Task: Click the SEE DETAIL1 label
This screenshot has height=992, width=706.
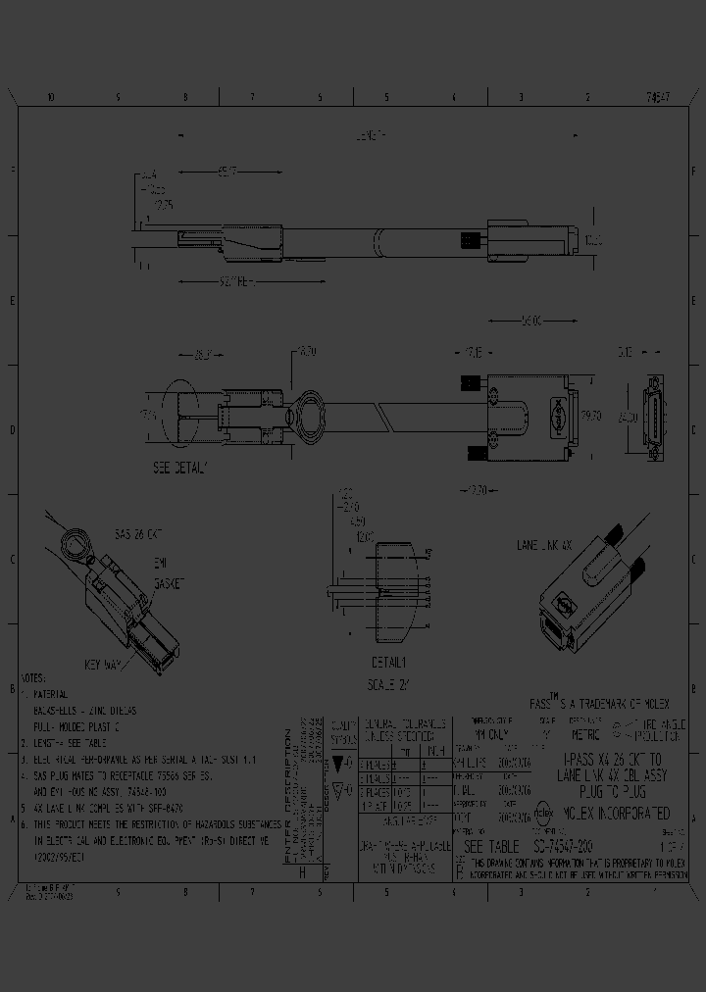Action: coord(180,468)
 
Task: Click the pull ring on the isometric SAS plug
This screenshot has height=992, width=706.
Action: coord(73,541)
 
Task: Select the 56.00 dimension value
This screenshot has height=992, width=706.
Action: coord(530,320)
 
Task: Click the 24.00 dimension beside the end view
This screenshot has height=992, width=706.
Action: coord(624,416)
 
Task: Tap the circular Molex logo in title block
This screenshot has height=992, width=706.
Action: coord(543,813)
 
